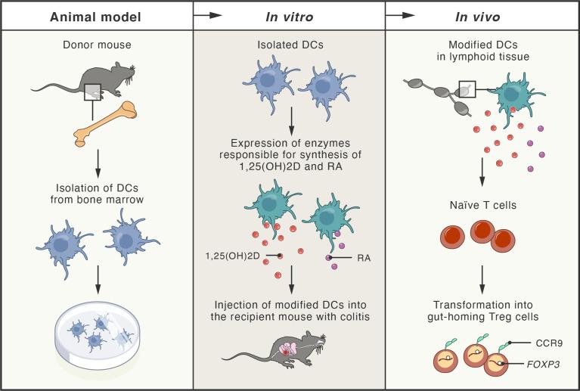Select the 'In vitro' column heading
[289, 15]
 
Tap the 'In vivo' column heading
[482, 15]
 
